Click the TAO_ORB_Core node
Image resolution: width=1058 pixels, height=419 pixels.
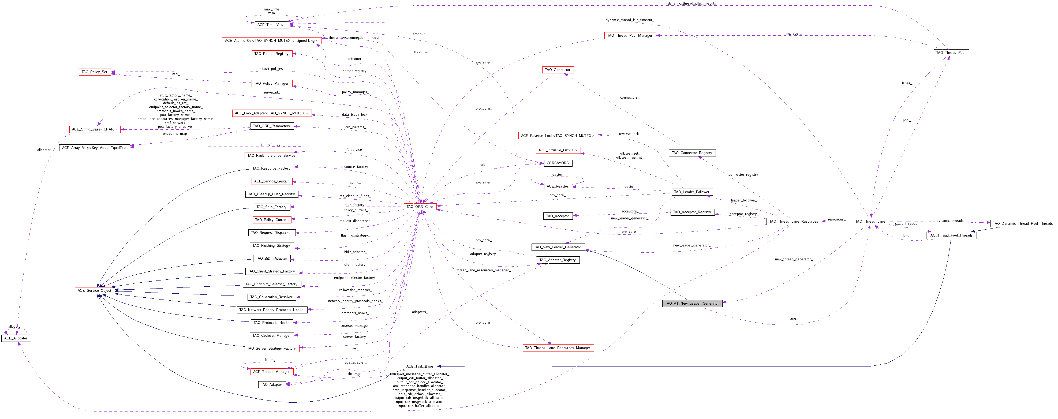(x=420, y=207)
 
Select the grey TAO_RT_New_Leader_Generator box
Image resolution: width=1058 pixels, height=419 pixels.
(x=692, y=304)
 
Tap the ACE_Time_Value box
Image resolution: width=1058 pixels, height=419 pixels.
(x=271, y=25)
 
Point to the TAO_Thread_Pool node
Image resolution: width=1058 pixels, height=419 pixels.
(x=951, y=53)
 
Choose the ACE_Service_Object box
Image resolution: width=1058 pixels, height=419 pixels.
(x=95, y=290)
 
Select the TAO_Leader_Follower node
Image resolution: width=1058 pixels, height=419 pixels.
(x=692, y=192)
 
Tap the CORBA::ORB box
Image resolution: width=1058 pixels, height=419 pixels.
(x=558, y=163)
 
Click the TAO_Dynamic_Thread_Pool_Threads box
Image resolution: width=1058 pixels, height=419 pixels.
(x=1023, y=223)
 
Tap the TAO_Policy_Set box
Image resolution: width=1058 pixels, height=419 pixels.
(x=95, y=72)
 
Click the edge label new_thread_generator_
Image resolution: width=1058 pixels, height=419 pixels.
(x=794, y=259)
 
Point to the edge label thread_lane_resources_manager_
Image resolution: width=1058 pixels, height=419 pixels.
(x=483, y=270)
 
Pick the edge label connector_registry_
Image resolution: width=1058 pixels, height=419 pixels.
(x=744, y=175)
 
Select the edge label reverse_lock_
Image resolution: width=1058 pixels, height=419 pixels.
(x=630, y=134)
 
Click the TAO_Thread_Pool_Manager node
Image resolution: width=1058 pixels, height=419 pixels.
(x=630, y=35)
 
